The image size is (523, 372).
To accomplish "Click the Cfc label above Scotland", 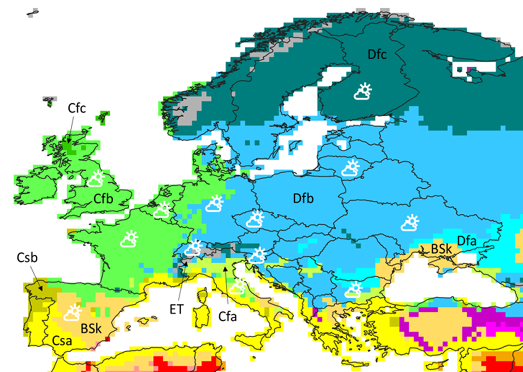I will [77, 108].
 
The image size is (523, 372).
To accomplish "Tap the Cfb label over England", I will [103, 199].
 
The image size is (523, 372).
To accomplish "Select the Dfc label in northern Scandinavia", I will [377, 55].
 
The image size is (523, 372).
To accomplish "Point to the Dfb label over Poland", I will [303, 198].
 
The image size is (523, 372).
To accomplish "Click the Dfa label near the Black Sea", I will [466, 241].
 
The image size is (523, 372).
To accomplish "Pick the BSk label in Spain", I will [91, 329].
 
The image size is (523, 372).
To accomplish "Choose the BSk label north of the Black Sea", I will [442, 249].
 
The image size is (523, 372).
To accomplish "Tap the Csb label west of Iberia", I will [27, 258].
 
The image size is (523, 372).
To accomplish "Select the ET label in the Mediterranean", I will [176, 310].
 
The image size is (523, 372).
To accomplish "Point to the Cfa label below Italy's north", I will [227, 316].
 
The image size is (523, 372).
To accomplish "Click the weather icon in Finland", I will [363, 92].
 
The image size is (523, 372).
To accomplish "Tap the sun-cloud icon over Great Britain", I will [96, 179].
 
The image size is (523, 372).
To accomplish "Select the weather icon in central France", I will [129, 239].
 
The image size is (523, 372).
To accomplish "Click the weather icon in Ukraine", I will [410, 223].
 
